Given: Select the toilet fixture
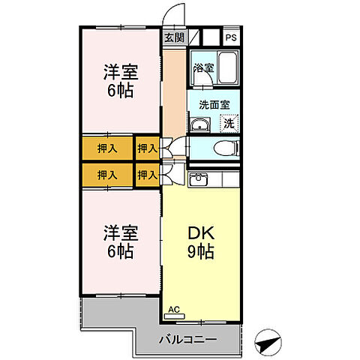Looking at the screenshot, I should point(225,147).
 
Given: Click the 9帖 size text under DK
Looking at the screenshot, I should point(200,251).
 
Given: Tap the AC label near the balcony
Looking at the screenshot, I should point(174,309).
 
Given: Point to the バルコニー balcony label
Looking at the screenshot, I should point(187,340).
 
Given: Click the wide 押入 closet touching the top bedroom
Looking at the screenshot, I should point(107,148).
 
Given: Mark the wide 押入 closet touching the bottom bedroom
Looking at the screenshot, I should point(107,175).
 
